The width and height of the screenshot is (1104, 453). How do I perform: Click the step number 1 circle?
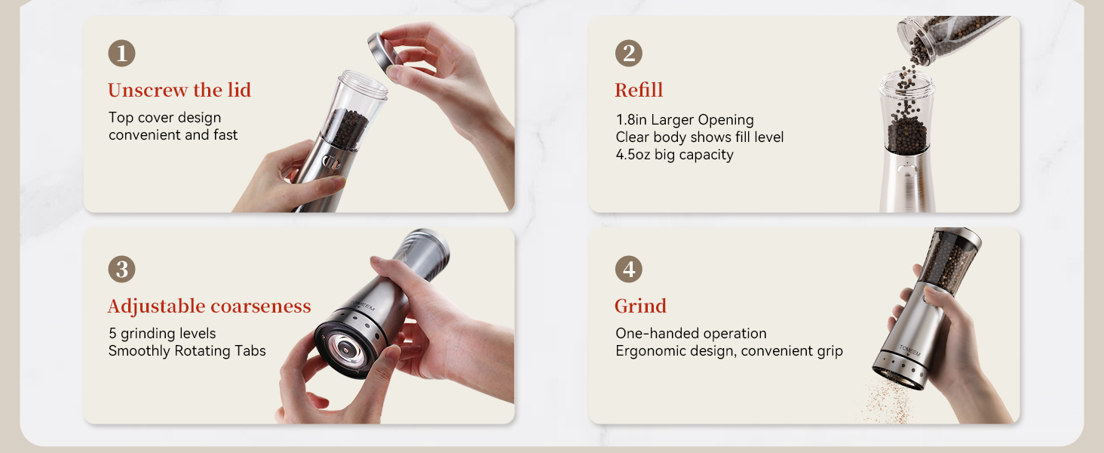pos(121,54)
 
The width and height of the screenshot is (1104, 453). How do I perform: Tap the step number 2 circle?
pos(628,54)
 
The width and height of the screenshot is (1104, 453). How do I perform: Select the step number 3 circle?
pos(121,270)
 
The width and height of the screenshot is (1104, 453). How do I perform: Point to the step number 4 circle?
pos(628,270)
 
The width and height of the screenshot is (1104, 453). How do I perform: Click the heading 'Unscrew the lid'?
pos(179,90)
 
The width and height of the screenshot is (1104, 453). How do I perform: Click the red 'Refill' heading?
pos(639,90)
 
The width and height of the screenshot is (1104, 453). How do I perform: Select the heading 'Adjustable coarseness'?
pos(209,306)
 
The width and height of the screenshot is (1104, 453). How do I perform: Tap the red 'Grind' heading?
pos(640,306)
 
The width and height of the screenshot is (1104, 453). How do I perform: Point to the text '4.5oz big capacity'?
pos(674,155)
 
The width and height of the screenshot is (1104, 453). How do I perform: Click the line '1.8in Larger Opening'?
pos(684,120)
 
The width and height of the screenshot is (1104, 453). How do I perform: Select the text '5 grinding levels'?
pos(162,334)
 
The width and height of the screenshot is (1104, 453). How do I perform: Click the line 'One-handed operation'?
pos(691,334)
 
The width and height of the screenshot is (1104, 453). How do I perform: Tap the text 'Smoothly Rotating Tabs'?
pos(187,351)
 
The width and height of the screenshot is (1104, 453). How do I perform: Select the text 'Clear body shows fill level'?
pos(699,137)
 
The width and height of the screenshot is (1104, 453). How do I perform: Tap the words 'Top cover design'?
pos(164,118)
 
